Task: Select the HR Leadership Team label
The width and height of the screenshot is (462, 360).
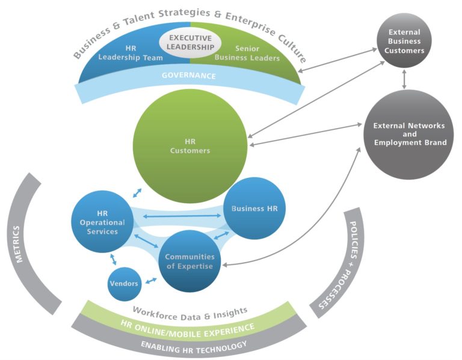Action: (131, 54)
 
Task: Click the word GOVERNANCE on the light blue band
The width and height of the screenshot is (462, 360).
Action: (189, 76)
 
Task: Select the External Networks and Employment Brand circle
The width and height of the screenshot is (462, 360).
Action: (409, 133)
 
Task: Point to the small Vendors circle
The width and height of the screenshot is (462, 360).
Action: (125, 283)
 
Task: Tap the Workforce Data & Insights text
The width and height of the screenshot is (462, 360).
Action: (189, 311)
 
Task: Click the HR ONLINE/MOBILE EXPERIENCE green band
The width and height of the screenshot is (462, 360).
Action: (188, 327)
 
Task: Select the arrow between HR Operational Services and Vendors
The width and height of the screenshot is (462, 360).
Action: (113, 259)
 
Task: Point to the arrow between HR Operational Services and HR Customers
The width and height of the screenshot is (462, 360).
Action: (138, 192)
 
